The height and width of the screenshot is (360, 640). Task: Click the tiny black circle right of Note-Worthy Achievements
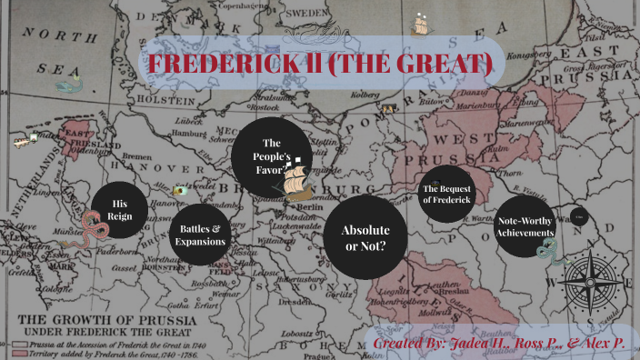(x=579, y=216)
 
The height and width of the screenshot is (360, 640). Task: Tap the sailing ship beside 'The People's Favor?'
(x=298, y=185)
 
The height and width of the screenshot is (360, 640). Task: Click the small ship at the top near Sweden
(x=420, y=24)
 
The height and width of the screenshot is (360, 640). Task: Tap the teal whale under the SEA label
(x=68, y=86)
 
